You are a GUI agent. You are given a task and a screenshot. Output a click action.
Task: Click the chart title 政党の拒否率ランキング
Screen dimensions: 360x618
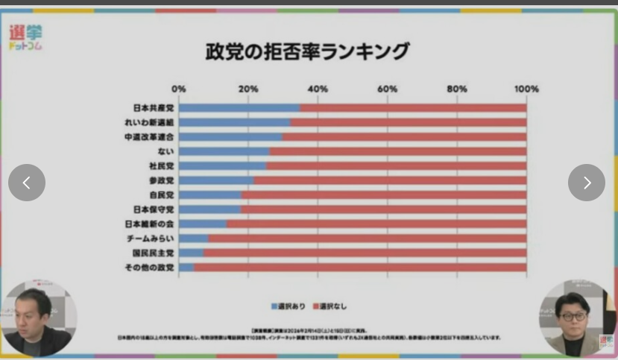307,51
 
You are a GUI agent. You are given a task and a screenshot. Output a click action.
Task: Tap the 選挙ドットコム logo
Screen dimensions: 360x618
26,37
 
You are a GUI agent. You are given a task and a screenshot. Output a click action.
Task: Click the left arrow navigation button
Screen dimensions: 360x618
27,183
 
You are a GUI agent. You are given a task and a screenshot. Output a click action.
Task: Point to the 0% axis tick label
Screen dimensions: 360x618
179,89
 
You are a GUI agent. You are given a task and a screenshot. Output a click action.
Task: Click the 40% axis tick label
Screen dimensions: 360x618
318,89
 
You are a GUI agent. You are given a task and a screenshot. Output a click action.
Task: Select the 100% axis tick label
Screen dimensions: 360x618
526,89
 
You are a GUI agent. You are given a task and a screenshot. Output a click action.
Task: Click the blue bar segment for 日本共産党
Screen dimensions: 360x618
239,108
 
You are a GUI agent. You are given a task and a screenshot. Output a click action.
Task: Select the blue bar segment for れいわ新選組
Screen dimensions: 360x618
234,122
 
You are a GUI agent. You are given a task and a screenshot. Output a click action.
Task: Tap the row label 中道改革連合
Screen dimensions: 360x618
149,137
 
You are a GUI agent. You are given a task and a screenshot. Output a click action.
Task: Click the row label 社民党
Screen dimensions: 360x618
161,165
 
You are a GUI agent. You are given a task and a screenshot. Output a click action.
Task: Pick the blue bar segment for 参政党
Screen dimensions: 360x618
216,180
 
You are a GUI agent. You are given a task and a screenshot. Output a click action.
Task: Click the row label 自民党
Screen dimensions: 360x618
161,195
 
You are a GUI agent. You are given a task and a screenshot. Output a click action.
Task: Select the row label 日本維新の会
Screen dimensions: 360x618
149,224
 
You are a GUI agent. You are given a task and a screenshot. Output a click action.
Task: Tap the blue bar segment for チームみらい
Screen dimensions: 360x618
193,239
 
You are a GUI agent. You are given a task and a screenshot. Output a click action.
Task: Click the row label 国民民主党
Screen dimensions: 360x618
153,253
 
